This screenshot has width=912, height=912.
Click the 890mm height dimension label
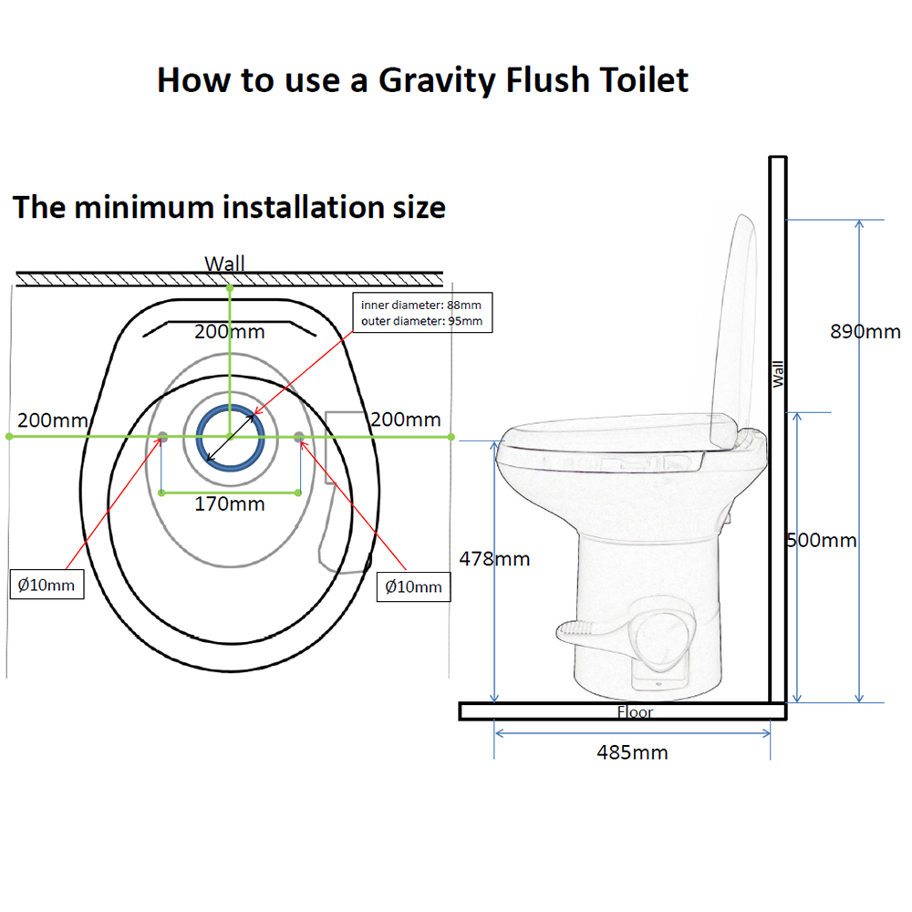(x=865, y=332)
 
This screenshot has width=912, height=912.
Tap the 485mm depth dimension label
(x=632, y=752)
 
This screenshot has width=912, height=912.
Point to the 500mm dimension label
(x=824, y=540)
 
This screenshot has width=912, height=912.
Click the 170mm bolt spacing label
(x=230, y=503)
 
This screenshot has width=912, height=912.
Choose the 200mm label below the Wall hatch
(x=224, y=332)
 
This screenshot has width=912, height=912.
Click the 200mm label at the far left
(x=53, y=420)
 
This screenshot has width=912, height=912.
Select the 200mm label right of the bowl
(x=405, y=420)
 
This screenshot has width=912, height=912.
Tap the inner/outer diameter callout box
(x=421, y=313)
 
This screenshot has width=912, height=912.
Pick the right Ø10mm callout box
(x=413, y=586)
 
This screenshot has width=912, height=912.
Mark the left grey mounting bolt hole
(x=162, y=438)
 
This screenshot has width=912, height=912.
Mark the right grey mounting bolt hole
(x=299, y=438)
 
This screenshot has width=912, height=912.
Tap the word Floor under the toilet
(x=635, y=712)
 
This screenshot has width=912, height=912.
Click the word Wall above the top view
(x=224, y=264)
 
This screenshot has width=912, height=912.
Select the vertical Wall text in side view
(x=778, y=373)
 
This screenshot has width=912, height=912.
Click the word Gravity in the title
(x=436, y=80)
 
